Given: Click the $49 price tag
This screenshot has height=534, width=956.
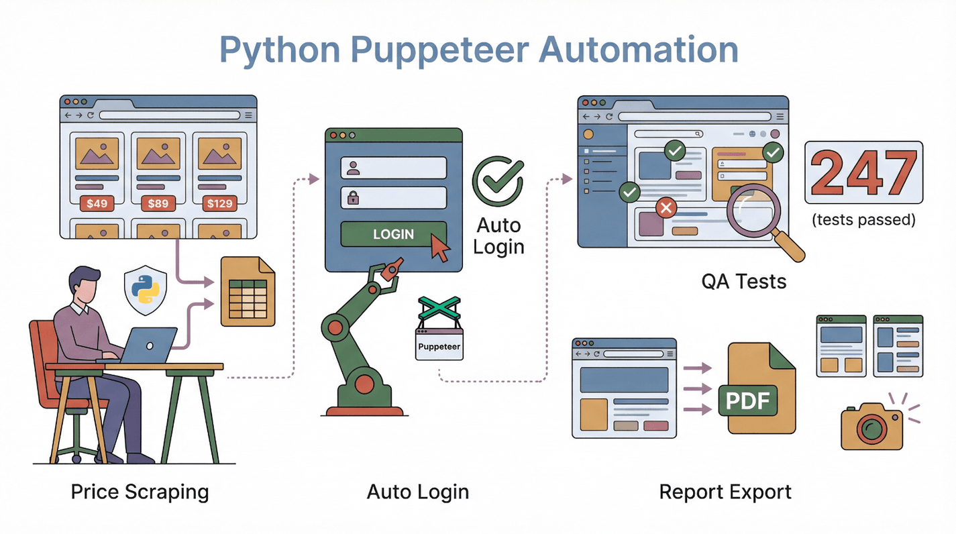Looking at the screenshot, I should [x=97, y=203].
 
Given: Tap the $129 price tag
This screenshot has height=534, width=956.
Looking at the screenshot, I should [x=219, y=203].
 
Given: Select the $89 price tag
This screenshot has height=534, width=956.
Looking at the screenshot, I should [x=158, y=203].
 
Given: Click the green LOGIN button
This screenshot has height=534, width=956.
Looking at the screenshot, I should [x=393, y=234].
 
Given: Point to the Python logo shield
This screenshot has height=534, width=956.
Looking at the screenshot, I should [x=146, y=290].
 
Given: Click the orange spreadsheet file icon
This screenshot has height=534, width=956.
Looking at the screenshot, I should [x=248, y=293].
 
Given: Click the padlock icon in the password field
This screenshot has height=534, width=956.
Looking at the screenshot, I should [x=353, y=198].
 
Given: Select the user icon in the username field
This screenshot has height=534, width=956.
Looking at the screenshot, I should [x=353, y=168].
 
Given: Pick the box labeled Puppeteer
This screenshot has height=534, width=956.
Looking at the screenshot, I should [x=439, y=346].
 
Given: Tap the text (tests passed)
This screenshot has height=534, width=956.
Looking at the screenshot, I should [x=863, y=219].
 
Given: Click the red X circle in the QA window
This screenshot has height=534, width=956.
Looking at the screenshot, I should [x=666, y=209].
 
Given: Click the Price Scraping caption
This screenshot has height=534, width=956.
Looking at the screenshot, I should [x=140, y=492].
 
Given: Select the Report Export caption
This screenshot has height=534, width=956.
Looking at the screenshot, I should [x=725, y=492].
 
